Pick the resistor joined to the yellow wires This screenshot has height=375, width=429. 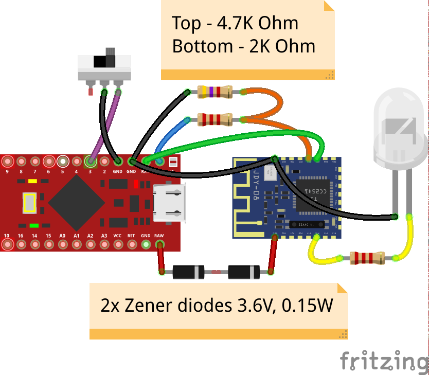(367, 258)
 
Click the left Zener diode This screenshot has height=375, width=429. (188, 272)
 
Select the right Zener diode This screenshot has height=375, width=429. (243, 272)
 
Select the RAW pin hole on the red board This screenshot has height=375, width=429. (159, 244)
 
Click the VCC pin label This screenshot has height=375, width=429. (118, 235)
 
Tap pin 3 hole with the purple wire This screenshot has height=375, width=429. (90, 161)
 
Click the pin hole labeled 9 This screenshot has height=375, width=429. (7, 161)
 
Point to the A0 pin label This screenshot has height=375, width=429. (62, 235)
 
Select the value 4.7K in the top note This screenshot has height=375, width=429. (234, 24)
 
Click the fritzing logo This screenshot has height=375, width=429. (384, 360)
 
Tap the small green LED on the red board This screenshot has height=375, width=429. (34, 225)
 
